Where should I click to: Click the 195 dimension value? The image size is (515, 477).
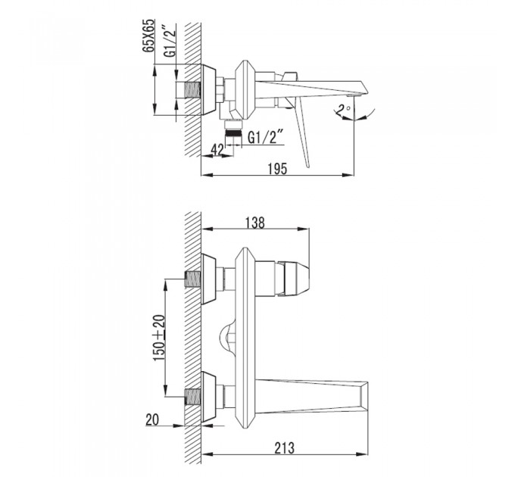[278, 170]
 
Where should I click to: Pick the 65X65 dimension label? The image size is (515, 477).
[148, 36]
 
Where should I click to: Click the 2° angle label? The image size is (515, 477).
[344, 109]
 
